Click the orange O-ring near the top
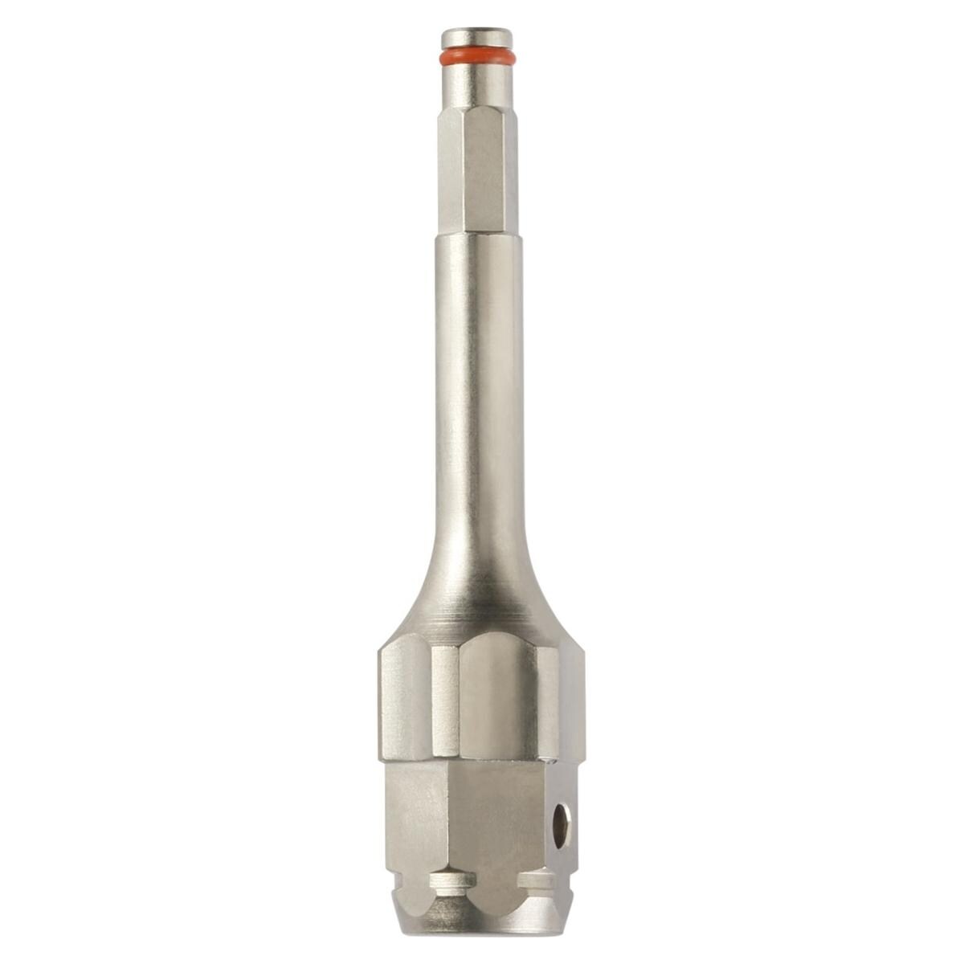(476, 57)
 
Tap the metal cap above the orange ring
(476, 38)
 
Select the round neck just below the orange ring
(476, 84)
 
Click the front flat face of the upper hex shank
(482, 169)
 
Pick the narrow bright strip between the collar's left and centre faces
(445, 699)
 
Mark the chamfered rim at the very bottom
(482, 924)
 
